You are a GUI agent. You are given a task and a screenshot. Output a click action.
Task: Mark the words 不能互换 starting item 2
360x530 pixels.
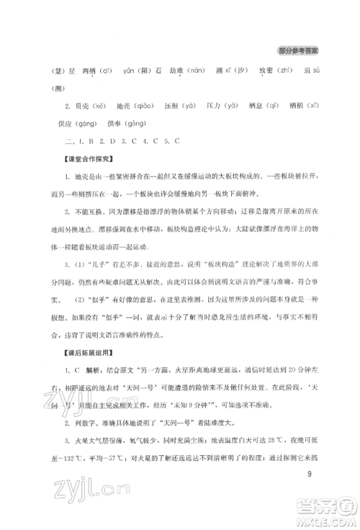(x=78, y=211)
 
